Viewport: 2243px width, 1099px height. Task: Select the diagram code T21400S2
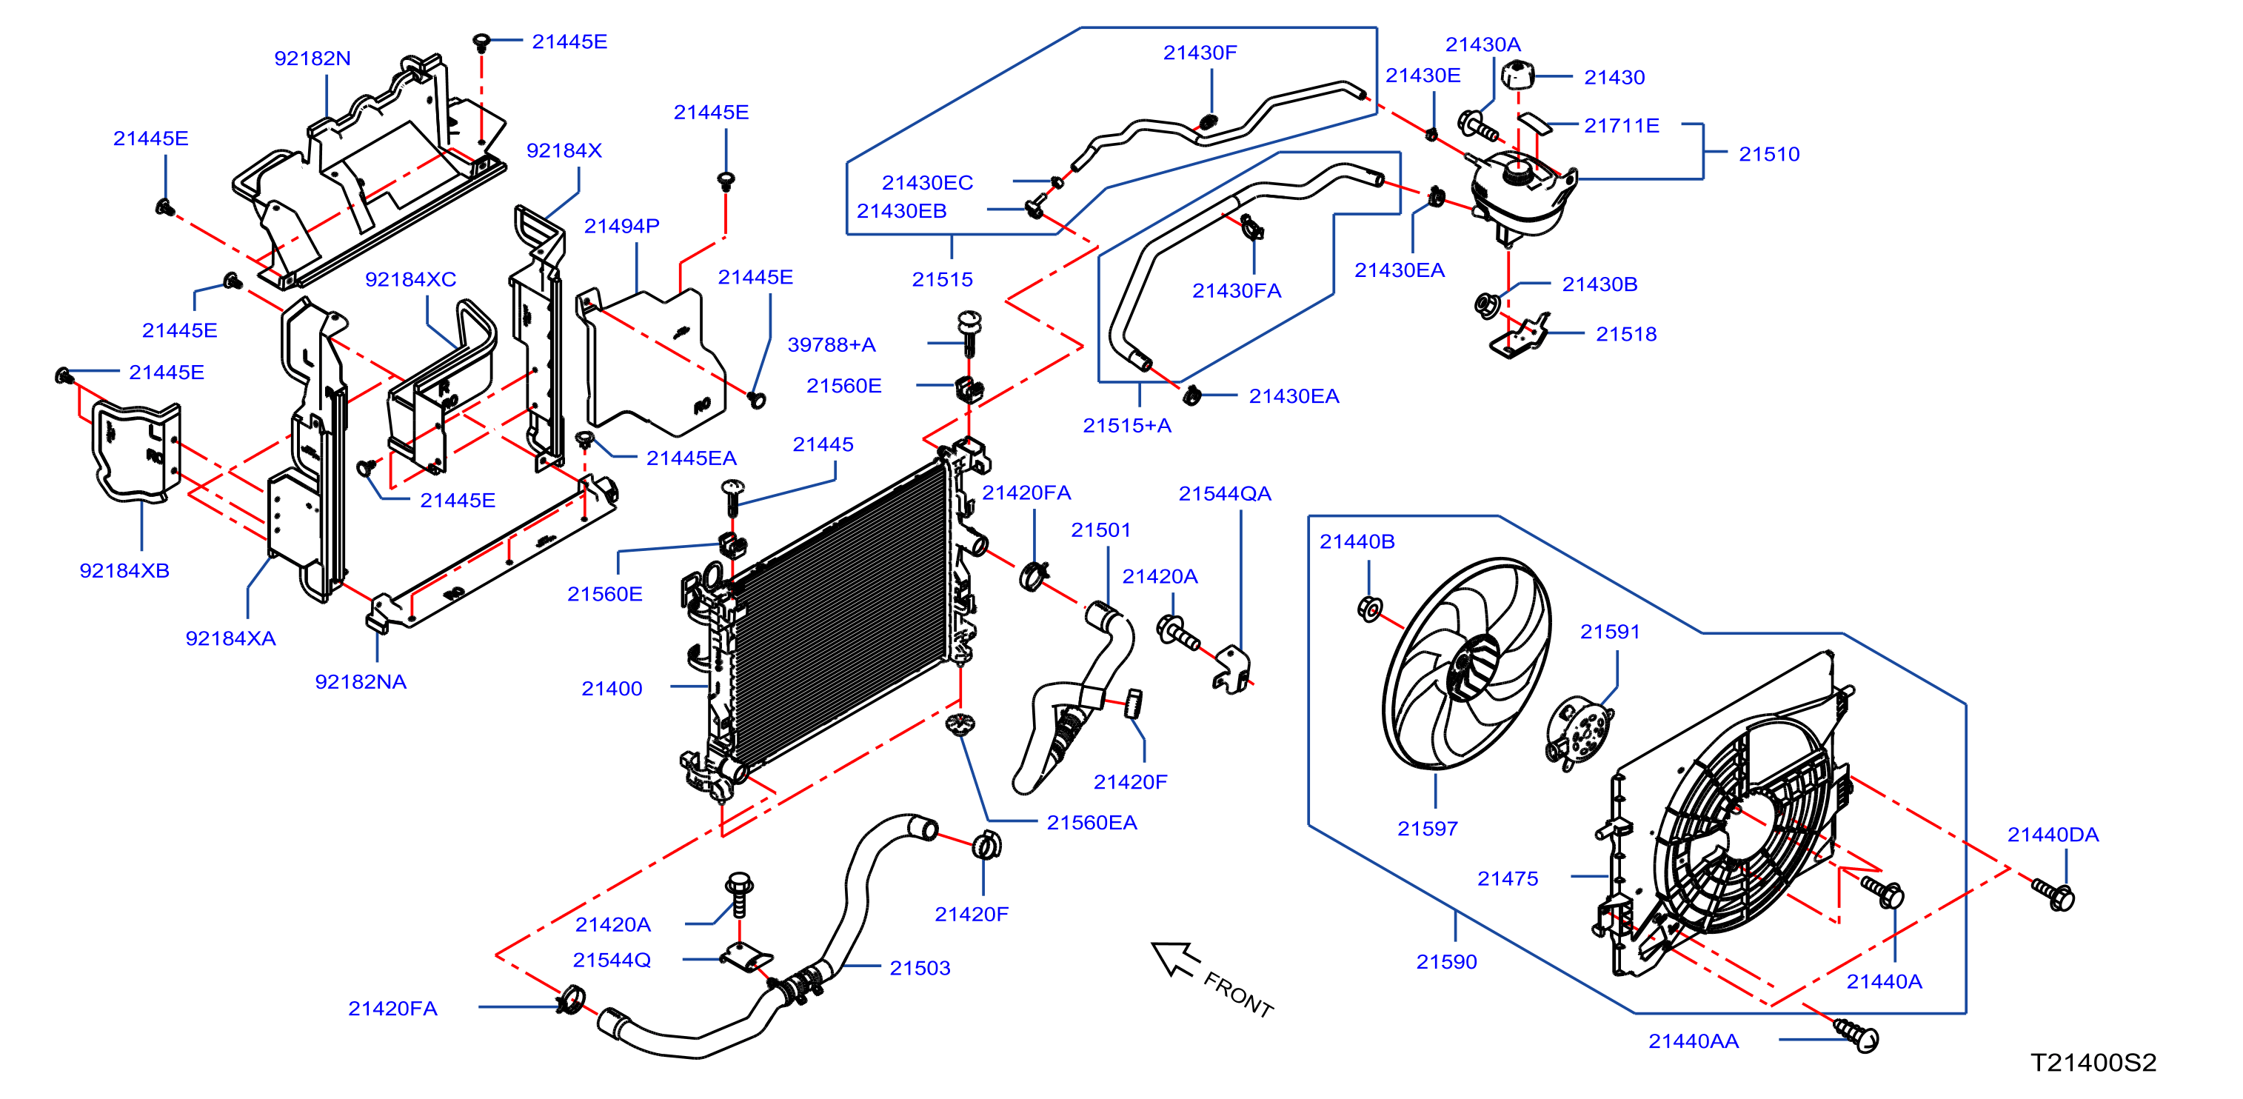2093,1063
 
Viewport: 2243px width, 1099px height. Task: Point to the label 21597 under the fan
1427,828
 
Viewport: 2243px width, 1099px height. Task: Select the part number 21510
1768,154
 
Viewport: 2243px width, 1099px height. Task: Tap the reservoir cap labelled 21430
1517,75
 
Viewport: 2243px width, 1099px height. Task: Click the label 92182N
312,59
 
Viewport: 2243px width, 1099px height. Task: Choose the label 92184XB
124,570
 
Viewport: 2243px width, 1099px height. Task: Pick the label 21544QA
1224,494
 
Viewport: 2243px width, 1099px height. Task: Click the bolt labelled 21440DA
2053,893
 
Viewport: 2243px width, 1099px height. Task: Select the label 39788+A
832,345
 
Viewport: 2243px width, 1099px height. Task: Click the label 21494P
622,226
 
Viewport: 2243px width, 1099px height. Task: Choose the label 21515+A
1127,425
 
